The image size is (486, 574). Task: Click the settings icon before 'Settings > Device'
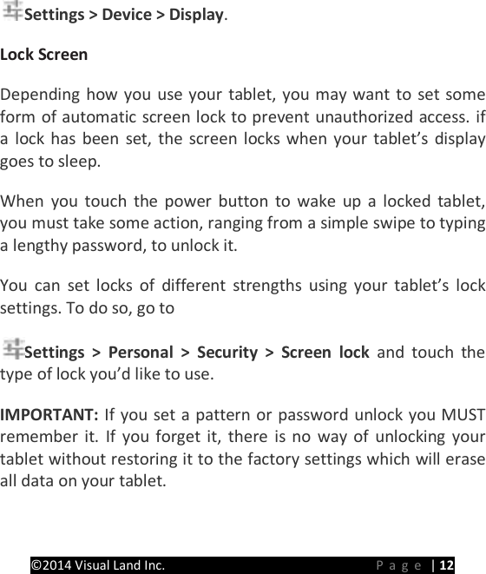pos(13,12)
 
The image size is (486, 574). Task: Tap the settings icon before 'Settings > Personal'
pos(13,350)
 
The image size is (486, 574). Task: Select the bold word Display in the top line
pos(196,16)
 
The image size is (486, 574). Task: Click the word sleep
pos(82,162)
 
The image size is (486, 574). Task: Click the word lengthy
pos(36,245)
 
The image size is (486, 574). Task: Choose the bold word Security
pos(224,353)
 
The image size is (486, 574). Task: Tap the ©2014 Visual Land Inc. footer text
pos(97,565)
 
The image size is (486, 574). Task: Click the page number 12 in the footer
pos(446,565)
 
